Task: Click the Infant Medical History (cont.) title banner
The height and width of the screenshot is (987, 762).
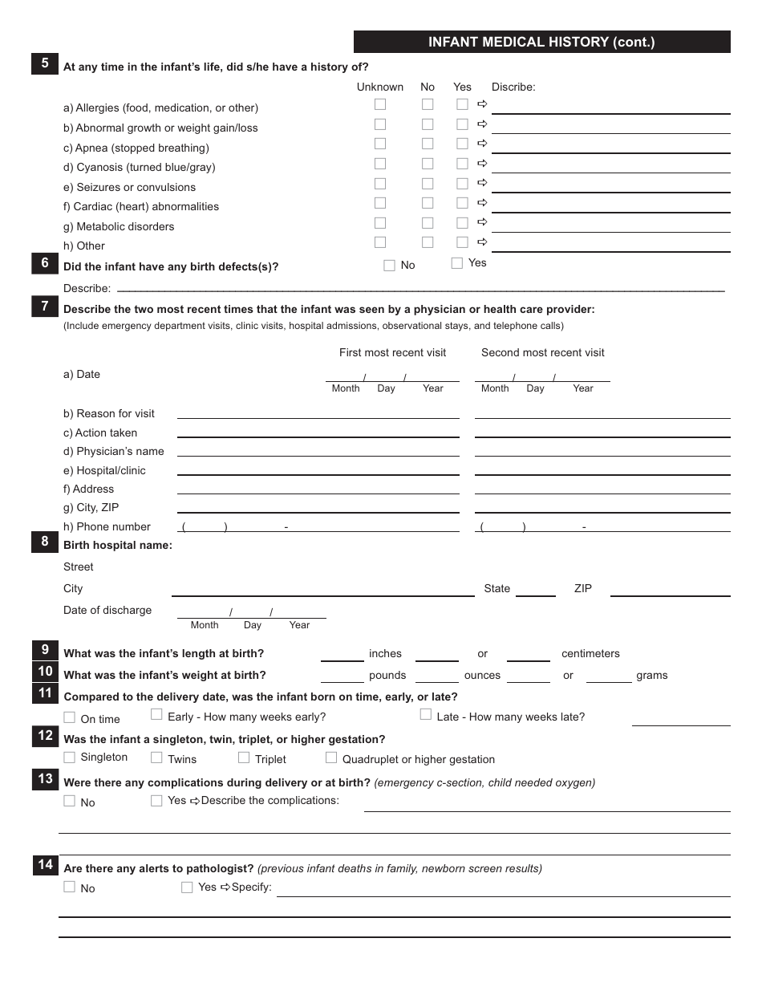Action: [541, 42]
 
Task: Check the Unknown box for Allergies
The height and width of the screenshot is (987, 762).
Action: [380, 104]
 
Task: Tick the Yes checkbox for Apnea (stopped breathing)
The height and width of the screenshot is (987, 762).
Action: [462, 144]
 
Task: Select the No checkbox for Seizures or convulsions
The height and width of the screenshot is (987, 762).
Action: [428, 183]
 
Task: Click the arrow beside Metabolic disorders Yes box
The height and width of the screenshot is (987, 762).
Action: [482, 222]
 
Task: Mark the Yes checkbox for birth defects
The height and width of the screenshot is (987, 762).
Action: [457, 262]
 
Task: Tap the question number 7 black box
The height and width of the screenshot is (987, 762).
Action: [45, 306]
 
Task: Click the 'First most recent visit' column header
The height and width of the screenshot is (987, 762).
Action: [392, 352]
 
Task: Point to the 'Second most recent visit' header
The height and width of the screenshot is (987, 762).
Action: [542, 352]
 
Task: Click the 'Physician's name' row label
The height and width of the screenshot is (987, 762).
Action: [113, 451]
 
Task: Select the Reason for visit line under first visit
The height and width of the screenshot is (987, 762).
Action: [318, 412]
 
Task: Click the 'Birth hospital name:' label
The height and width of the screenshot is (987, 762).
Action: [118, 545]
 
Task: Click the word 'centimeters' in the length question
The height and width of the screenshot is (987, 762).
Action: [590, 653]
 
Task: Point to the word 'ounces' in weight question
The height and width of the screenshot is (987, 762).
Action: [482, 675]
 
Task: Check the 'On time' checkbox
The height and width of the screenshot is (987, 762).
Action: [70, 717]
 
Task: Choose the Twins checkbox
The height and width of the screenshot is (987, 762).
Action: [156, 758]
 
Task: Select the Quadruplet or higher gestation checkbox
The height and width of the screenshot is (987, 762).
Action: [331, 758]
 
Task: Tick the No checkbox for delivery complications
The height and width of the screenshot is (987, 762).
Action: [70, 801]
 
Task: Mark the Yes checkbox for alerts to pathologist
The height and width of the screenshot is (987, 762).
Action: [187, 887]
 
